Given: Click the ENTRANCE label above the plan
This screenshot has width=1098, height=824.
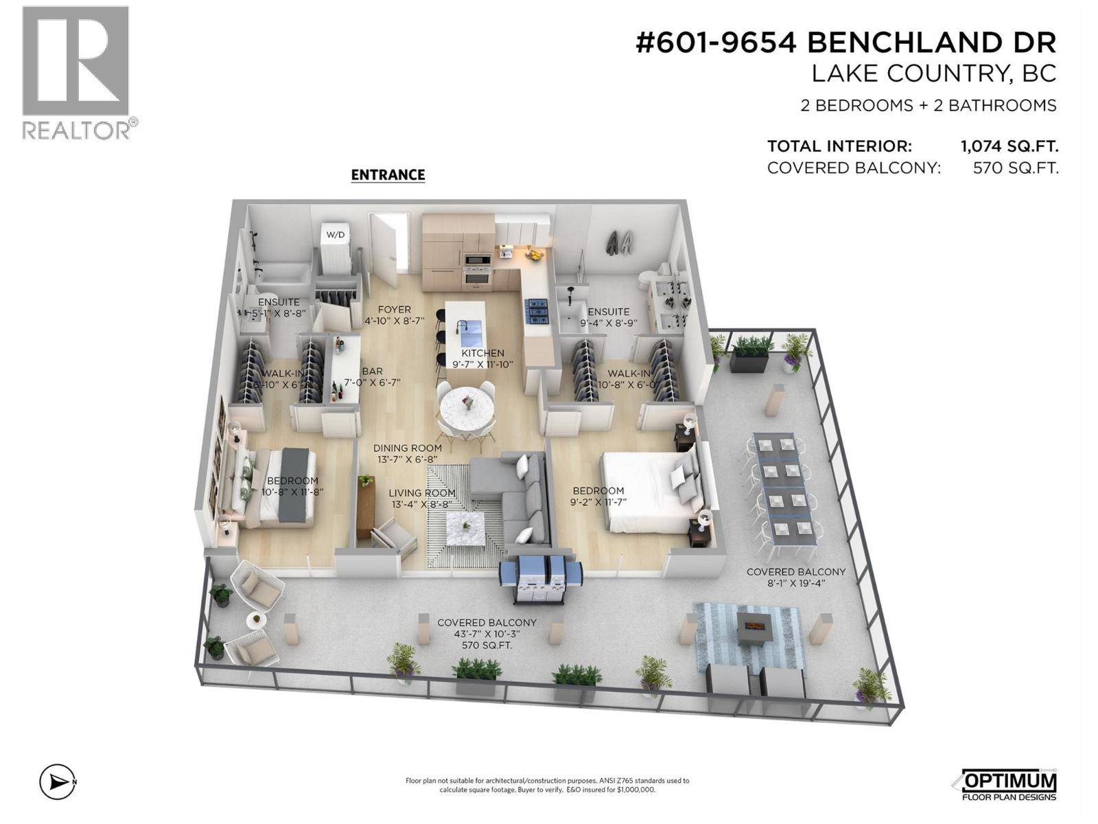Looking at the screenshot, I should pyautogui.click(x=388, y=175).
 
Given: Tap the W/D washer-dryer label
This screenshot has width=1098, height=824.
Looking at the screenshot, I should pyautogui.click(x=336, y=235).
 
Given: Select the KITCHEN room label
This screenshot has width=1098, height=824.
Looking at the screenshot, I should pyautogui.click(x=482, y=354).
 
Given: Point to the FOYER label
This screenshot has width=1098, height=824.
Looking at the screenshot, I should pyautogui.click(x=394, y=310).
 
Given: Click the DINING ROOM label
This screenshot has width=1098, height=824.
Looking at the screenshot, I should pyautogui.click(x=407, y=448).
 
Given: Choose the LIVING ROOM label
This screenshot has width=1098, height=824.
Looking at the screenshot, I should pyautogui.click(x=421, y=493).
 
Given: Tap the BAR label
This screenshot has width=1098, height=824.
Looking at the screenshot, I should pyautogui.click(x=372, y=371).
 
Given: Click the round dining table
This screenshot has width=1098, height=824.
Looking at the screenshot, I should pyautogui.click(x=467, y=406).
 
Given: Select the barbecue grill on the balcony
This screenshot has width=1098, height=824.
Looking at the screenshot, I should pyautogui.click(x=541, y=580).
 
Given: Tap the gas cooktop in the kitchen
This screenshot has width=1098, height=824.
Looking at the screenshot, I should pyautogui.click(x=536, y=311).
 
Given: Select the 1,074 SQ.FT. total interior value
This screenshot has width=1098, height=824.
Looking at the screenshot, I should pyautogui.click(x=1009, y=146).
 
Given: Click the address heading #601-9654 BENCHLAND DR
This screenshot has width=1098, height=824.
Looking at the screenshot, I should pyautogui.click(x=845, y=43).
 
